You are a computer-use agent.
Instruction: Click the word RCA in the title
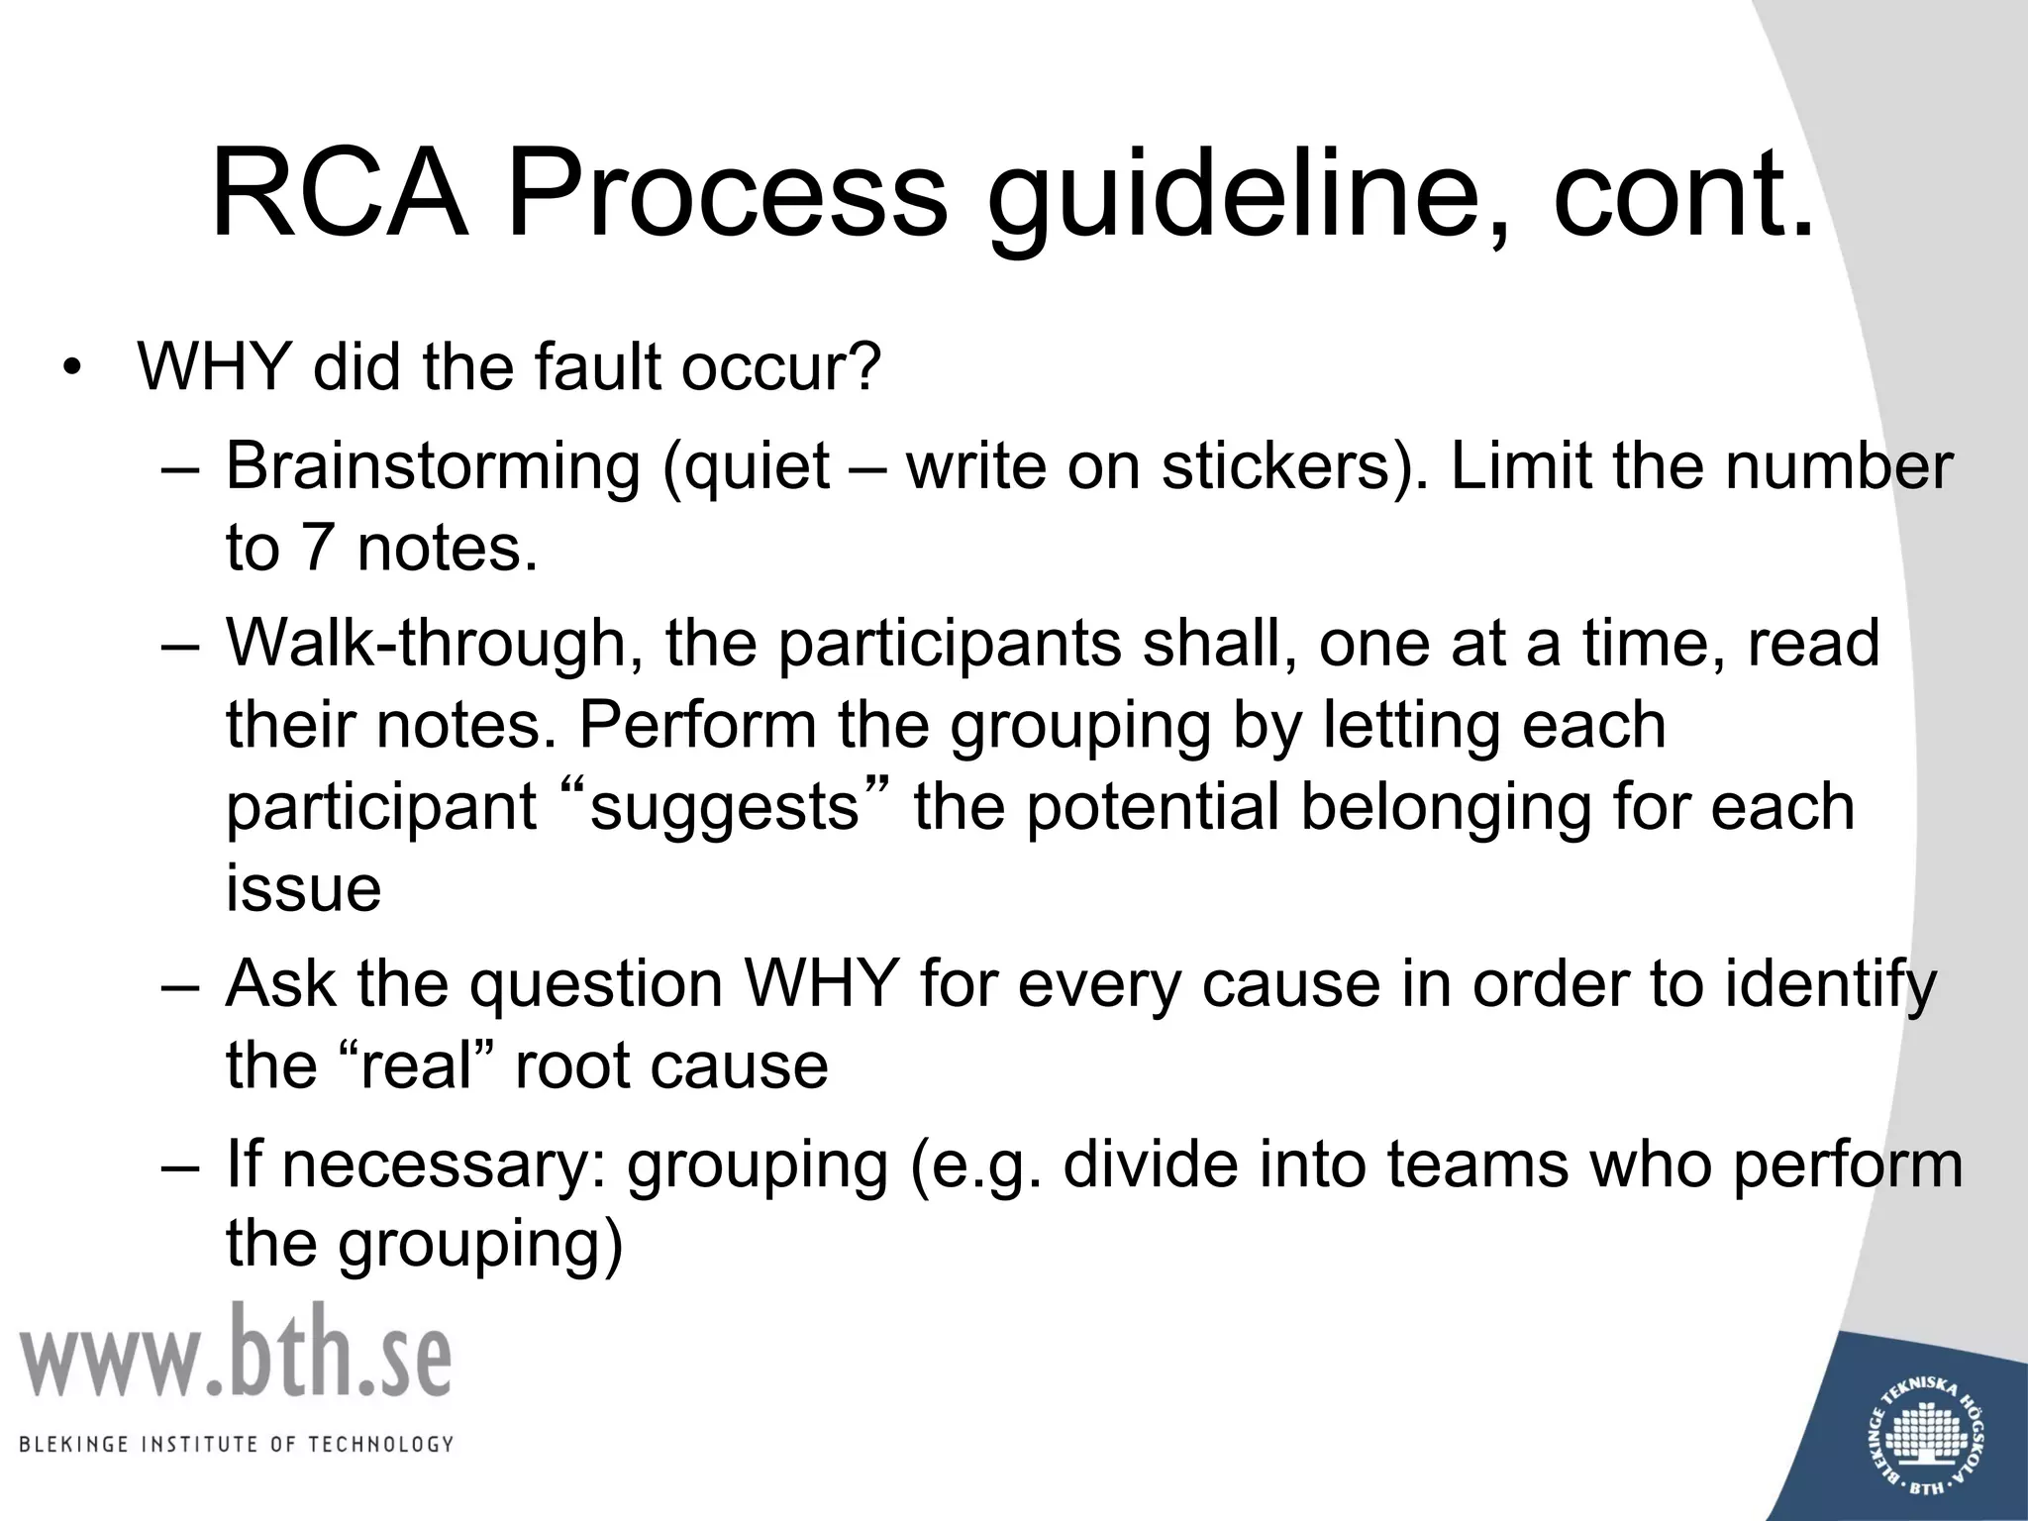[339, 193]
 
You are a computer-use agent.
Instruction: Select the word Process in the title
[726, 193]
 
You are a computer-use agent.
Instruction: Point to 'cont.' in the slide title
[1683, 193]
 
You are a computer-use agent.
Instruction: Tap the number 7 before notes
[316, 548]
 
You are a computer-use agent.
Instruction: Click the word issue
[303, 888]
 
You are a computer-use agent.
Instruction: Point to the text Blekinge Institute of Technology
[236, 1444]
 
